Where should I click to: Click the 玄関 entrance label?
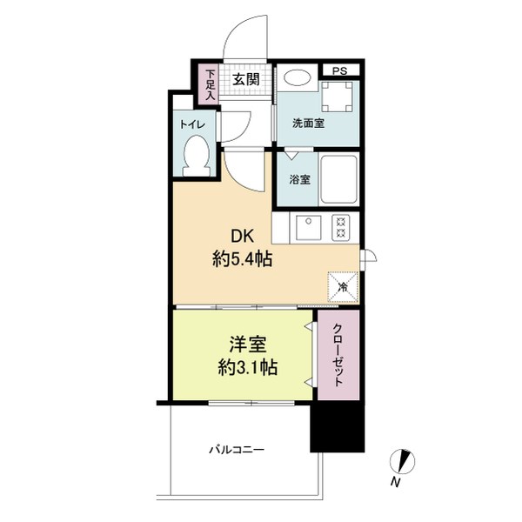[x=245, y=80]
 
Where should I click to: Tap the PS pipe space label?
[x=339, y=71]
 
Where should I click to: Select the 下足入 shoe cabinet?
[x=210, y=84]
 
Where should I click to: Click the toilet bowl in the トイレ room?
[x=197, y=156]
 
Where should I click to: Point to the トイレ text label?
[x=192, y=124]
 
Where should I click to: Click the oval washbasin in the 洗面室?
[x=297, y=77]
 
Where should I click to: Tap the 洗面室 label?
[x=308, y=124]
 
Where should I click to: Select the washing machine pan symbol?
[x=337, y=97]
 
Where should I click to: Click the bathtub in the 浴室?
[x=339, y=180]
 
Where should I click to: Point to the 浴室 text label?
[x=299, y=180]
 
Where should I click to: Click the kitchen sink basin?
[x=309, y=228]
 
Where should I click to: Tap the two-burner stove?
[x=340, y=228]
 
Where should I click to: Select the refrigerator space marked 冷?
[x=343, y=287]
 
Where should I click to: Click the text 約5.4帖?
[x=243, y=259]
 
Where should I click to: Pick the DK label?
[x=243, y=237]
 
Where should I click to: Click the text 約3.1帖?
[x=248, y=367]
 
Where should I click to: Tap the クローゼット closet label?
[x=338, y=355]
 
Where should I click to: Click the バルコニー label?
[x=237, y=450]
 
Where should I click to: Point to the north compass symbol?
[x=402, y=461]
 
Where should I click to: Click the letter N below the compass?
[x=395, y=482]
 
